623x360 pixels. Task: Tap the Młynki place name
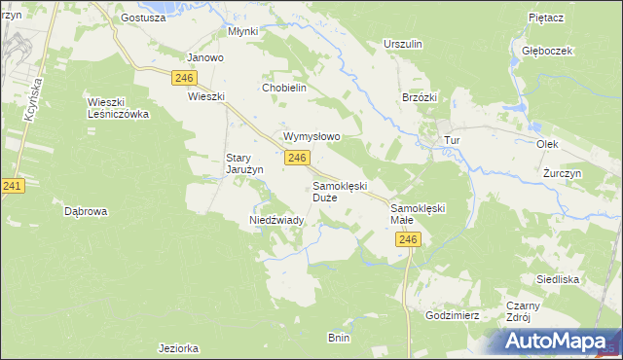point(242,31)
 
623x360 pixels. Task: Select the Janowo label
point(205,57)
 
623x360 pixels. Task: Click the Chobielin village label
point(284,88)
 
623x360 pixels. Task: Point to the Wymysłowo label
point(311,137)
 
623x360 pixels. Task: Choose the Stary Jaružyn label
point(245,163)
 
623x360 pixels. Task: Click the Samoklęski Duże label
point(339,191)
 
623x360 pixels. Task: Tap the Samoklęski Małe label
point(418,214)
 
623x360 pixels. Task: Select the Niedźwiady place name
point(278,221)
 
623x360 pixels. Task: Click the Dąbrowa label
point(85,211)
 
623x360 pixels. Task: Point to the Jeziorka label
point(178,347)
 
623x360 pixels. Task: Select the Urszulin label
point(403,45)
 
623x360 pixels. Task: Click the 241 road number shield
point(12,185)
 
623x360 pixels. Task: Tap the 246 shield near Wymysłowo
point(298,158)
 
